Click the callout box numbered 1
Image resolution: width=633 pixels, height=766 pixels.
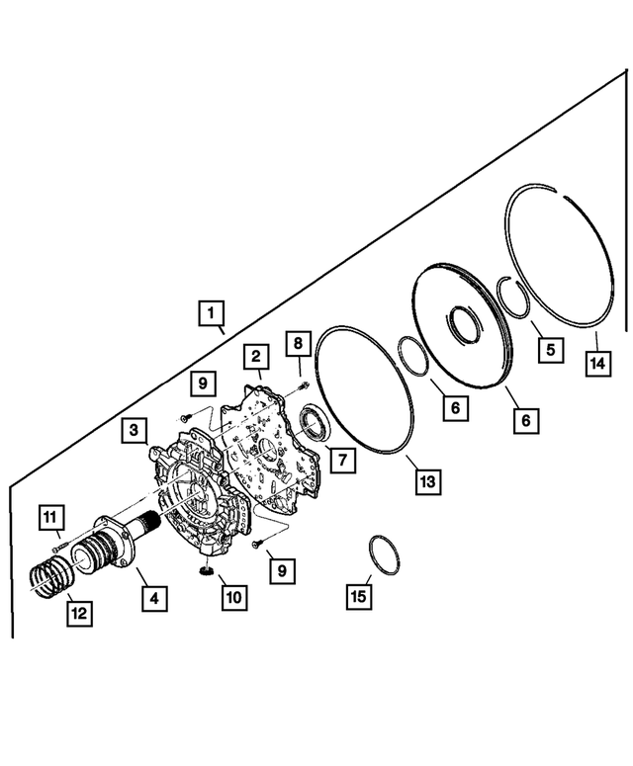pos(209,312)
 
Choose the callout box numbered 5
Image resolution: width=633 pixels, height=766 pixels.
pos(548,348)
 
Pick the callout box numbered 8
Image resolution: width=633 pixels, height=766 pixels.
pos(297,344)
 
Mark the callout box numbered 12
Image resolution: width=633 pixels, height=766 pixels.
pos(79,613)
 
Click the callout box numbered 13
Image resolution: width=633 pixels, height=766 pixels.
pos(425,482)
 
